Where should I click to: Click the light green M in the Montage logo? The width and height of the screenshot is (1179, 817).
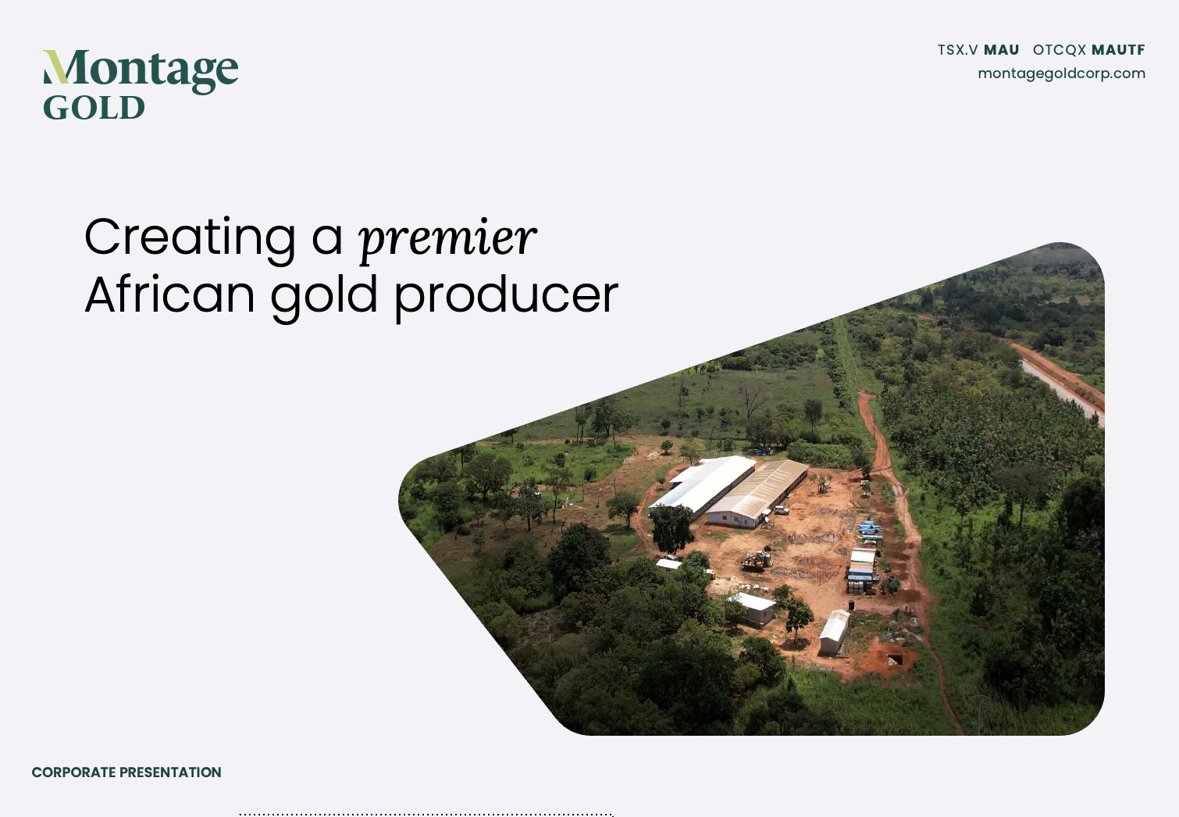click(x=55, y=67)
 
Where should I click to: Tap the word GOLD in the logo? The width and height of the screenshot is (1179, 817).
click(x=94, y=108)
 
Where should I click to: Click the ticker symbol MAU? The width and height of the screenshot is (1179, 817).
click(x=1002, y=50)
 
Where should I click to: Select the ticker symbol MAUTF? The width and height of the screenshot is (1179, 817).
click(x=1118, y=50)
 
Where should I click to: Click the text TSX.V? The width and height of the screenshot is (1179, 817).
click(x=957, y=50)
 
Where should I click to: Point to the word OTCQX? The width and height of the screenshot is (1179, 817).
click(x=1059, y=50)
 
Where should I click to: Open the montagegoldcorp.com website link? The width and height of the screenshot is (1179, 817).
click(x=1062, y=73)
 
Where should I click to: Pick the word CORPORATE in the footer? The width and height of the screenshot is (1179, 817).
click(x=73, y=772)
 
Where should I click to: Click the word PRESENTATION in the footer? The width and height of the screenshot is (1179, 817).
click(x=170, y=772)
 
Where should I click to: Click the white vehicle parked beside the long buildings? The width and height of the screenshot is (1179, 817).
click(x=781, y=509)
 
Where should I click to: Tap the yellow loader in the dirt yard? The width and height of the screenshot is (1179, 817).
click(x=757, y=560)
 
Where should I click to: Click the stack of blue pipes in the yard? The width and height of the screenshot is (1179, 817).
click(x=870, y=528)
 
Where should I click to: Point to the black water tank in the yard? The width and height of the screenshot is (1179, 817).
click(x=852, y=605)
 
